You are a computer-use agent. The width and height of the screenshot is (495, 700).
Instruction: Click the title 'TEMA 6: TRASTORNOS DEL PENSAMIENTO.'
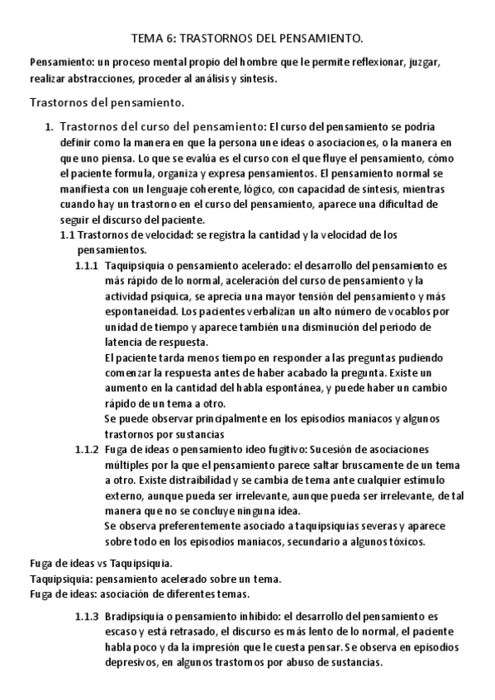point(247,38)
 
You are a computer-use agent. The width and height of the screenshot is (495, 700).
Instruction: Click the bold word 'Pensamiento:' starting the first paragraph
point(58,63)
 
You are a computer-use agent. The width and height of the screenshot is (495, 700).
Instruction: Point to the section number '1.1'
point(68,234)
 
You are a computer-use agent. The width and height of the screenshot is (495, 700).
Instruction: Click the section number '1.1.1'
point(87,266)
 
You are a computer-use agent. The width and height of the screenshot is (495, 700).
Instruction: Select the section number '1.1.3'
point(87,616)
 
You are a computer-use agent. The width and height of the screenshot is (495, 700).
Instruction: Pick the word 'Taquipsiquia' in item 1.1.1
point(137,266)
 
